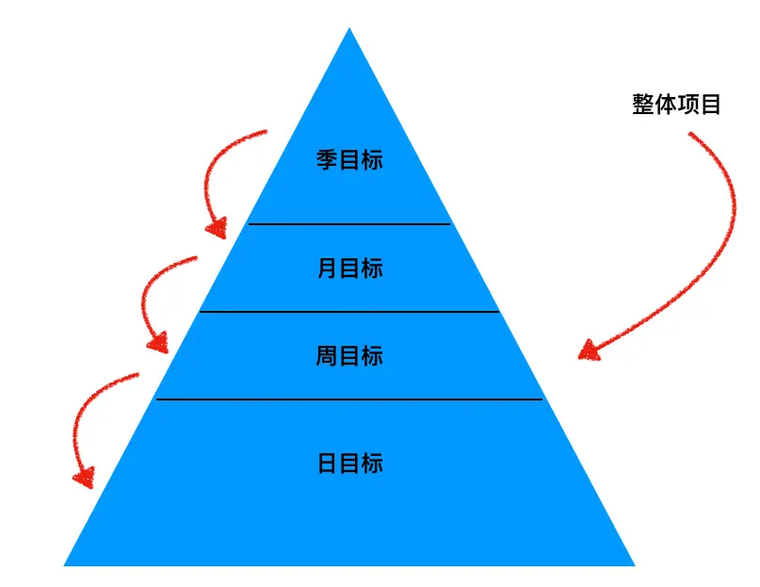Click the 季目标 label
[x=349, y=160]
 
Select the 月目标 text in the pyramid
[x=349, y=269]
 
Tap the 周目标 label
[x=349, y=356]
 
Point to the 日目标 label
[x=349, y=464]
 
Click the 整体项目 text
[x=676, y=105]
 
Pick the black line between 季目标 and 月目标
[x=349, y=224]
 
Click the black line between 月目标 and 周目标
[x=349, y=311]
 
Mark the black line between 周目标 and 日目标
[x=349, y=399]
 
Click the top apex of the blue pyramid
[x=349, y=29]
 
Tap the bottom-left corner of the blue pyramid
[x=66, y=564]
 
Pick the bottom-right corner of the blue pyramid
[x=633, y=564]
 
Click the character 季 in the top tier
[x=327, y=160]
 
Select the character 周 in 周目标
[x=327, y=356]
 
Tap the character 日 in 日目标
[x=327, y=464]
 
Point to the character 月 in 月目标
[x=327, y=269]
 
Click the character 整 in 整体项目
[x=643, y=105]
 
